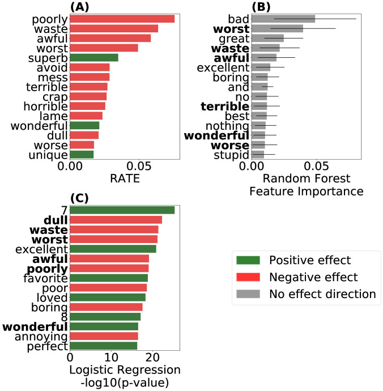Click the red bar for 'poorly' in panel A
click(122, 19)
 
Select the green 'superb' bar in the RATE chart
click(93, 58)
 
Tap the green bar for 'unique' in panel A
click(82, 154)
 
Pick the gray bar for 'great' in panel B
click(267, 38)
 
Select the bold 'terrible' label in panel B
click(225, 106)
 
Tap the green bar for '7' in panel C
click(122, 210)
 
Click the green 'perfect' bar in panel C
click(103, 346)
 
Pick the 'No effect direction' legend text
click(322, 294)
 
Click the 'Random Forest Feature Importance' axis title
click(306, 186)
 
